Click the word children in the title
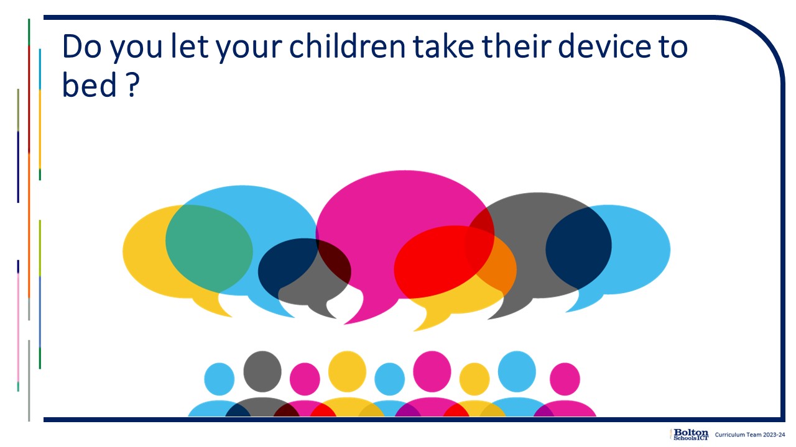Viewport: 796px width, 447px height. tap(347, 47)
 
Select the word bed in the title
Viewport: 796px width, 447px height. tap(89, 84)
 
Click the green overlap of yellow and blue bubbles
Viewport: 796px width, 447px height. tap(209, 248)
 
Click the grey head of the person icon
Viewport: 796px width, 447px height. tap(262, 371)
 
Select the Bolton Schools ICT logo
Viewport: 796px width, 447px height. tap(690, 435)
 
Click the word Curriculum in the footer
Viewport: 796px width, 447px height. tap(729, 435)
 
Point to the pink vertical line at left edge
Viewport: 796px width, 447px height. tap(18, 327)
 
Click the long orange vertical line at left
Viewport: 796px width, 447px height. tap(29, 225)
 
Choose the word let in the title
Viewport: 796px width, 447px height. tap(190, 47)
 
